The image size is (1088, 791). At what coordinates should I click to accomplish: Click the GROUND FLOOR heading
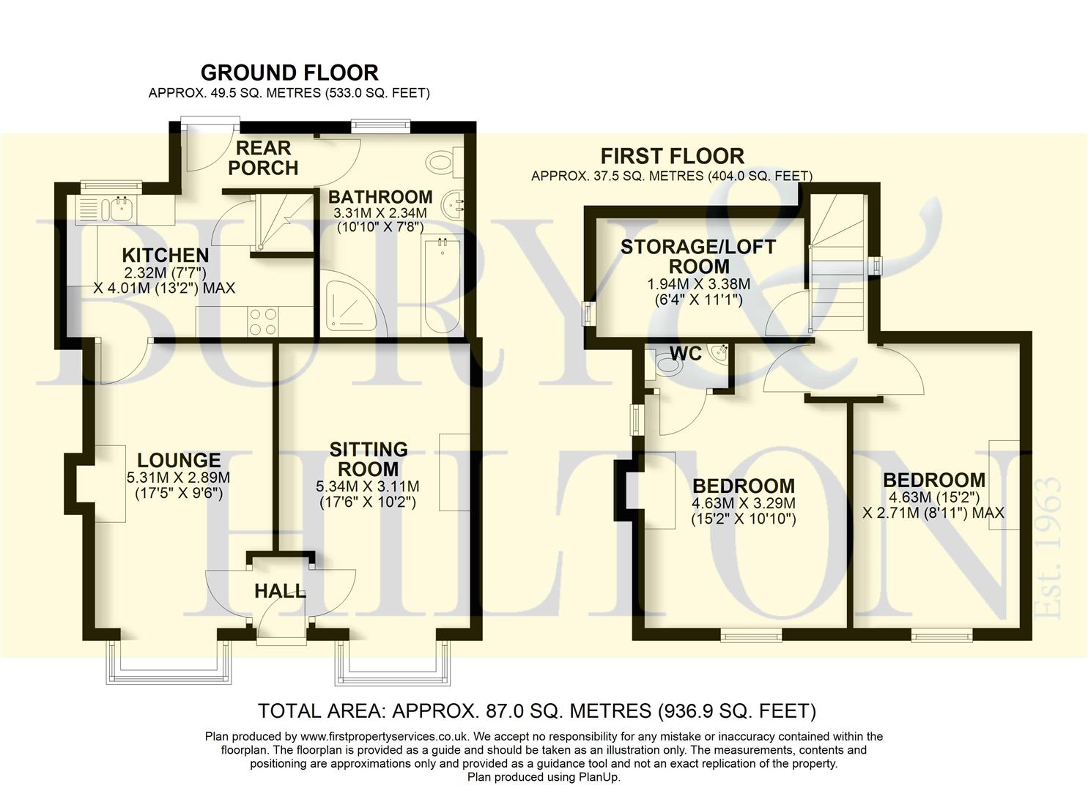pos(289,73)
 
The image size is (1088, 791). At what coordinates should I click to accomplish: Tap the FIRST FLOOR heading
pos(672,156)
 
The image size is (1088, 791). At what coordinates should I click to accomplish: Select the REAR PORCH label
pos(263,158)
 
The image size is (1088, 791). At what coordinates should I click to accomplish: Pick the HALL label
pos(280,591)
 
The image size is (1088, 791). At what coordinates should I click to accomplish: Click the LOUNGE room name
pos(179,461)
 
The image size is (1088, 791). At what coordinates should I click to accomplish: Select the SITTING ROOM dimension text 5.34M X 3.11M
pos(368,486)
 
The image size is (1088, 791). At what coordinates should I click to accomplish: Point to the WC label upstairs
pos(687,354)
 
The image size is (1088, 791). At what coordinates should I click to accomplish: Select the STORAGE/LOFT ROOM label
pos(697,256)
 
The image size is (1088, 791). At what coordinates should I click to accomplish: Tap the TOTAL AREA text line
pos(536,710)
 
